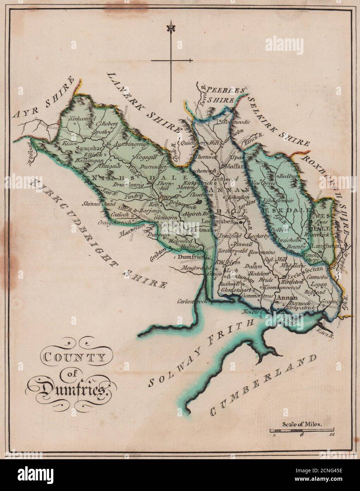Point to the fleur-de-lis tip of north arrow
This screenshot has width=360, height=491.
coord(171,27)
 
